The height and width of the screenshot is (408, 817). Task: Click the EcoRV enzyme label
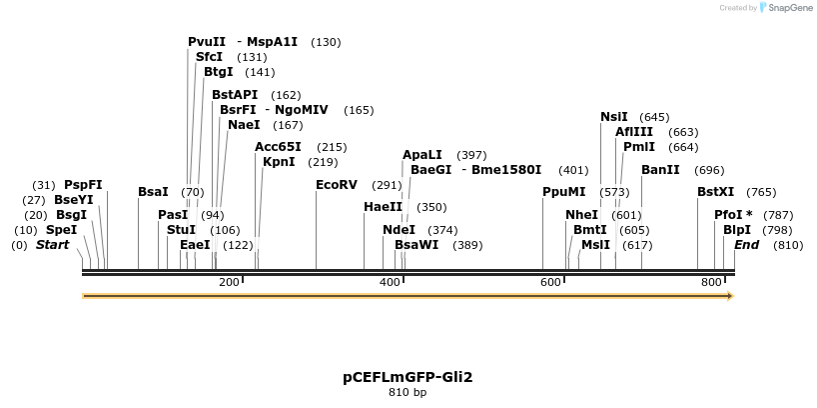pyautogui.click(x=336, y=185)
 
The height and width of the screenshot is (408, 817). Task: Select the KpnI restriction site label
pyautogui.click(x=279, y=162)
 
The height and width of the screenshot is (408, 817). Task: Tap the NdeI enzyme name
pyautogui.click(x=399, y=230)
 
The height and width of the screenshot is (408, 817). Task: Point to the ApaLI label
pyautogui.click(x=421, y=155)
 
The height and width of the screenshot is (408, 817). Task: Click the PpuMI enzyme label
pyautogui.click(x=563, y=192)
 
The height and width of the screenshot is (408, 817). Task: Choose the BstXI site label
pyautogui.click(x=715, y=192)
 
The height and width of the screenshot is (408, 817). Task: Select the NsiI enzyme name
pyautogui.click(x=614, y=117)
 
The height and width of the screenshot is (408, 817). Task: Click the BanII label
pyautogui.click(x=660, y=170)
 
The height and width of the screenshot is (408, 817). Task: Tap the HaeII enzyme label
pyautogui.click(x=384, y=207)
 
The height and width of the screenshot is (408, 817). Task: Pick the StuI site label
pyautogui.click(x=181, y=230)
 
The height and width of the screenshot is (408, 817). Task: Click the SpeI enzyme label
pyautogui.click(x=61, y=230)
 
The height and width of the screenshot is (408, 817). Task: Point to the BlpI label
pyautogui.click(x=737, y=230)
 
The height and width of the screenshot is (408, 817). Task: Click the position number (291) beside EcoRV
pyautogui.click(x=387, y=185)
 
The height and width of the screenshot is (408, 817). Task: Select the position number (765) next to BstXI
pyautogui.click(x=760, y=192)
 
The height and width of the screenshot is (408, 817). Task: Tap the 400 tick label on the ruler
pyautogui.click(x=391, y=283)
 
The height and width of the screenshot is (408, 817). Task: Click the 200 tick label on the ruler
pyautogui.click(x=229, y=283)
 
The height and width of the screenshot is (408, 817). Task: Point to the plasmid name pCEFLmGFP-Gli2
pyautogui.click(x=408, y=377)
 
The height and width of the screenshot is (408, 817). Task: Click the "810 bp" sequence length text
pyautogui.click(x=408, y=393)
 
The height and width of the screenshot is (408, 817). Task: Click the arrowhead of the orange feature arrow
pyautogui.click(x=730, y=296)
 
